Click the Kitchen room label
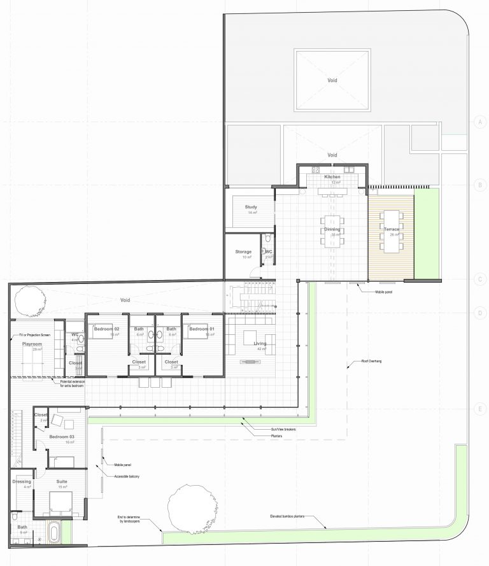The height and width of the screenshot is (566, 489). (332, 176)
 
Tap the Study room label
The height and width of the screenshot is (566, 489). (250, 207)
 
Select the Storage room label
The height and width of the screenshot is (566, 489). (243, 251)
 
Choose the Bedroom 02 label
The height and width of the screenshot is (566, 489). (106, 329)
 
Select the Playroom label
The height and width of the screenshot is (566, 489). (32, 344)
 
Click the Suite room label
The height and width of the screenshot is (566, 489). (62, 482)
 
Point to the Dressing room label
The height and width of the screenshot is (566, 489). (22, 482)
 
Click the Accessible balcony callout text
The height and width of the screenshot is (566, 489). (127, 476)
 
